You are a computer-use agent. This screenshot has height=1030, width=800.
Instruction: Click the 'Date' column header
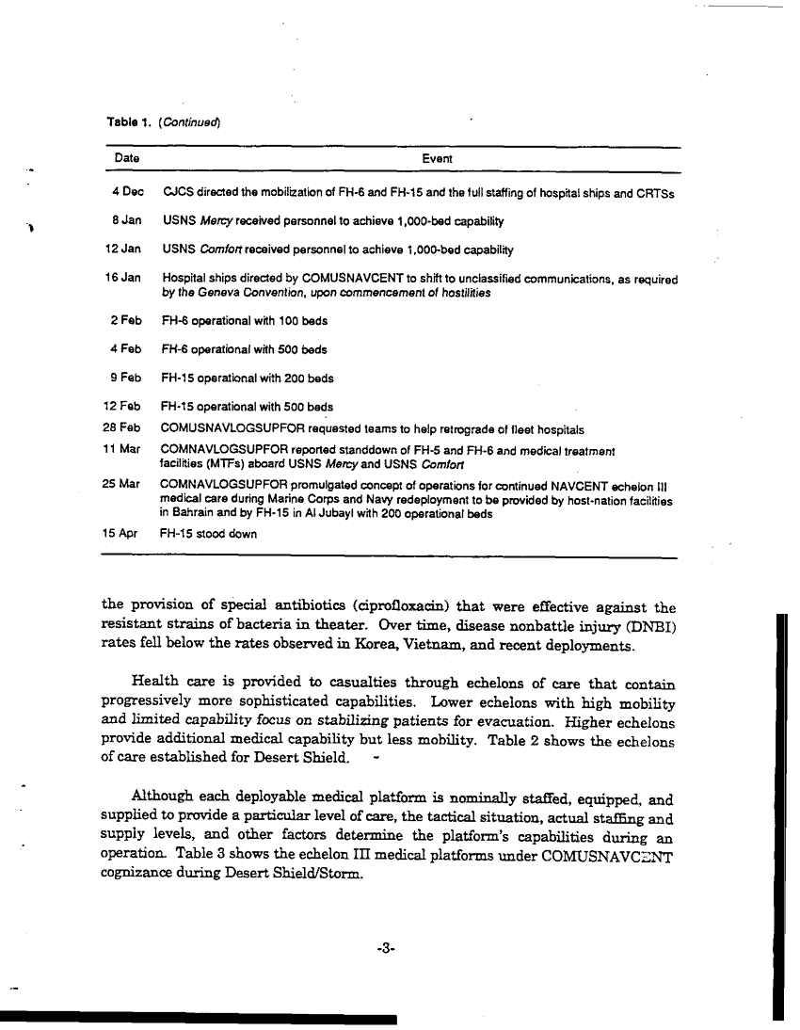(x=127, y=159)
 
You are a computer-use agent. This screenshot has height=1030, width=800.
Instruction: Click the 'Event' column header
(x=437, y=159)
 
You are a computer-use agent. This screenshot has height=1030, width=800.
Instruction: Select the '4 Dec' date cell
(x=127, y=193)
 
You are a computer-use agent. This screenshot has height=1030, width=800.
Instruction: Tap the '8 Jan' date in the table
(x=127, y=221)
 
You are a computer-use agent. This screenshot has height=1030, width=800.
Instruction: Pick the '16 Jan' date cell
(x=122, y=278)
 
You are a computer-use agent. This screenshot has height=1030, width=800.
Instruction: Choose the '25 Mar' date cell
(x=121, y=484)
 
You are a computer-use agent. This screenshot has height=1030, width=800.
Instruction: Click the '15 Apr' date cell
(x=120, y=533)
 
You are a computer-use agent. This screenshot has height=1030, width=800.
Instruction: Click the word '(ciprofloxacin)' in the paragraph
(x=394, y=607)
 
